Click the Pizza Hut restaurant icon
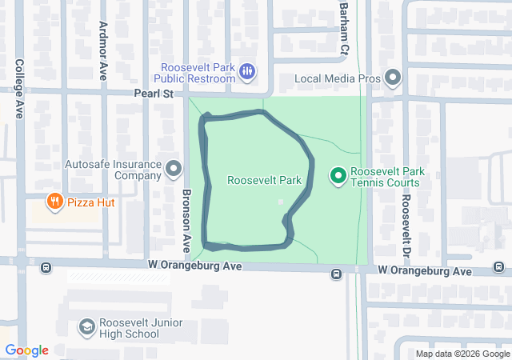(x=55, y=202)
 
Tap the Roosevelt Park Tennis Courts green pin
(x=338, y=174)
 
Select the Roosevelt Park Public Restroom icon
(x=247, y=73)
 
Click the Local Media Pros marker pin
(x=392, y=78)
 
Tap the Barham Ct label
(x=344, y=28)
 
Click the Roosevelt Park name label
(x=264, y=180)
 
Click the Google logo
(x=26, y=350)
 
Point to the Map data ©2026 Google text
(x=462, y=354)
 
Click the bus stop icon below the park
(x=336, y=274)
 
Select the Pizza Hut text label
(x=91, y=202)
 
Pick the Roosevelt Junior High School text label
(x=130, y=328)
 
